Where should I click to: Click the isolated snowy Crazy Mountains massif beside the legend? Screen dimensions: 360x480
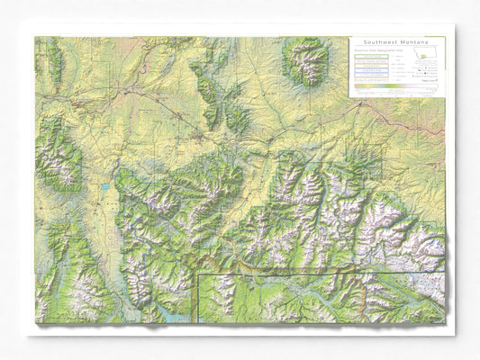(306, 61)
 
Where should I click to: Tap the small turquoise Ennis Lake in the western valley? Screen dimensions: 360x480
(106, 189)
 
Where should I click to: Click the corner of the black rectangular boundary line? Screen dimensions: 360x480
(198, 274)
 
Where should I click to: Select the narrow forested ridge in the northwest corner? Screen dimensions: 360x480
(54, 63)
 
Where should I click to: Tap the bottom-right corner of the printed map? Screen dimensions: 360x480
(446, 323)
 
